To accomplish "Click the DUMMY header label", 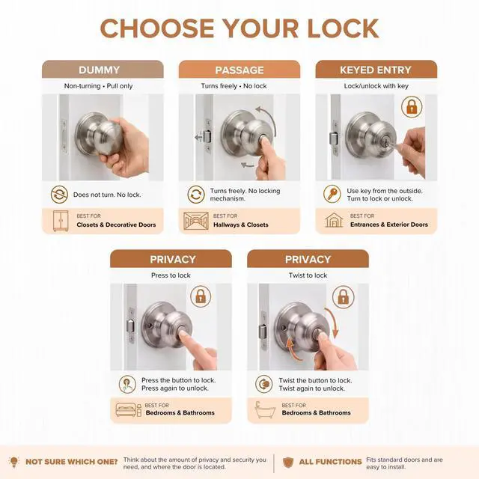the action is coord(99,70).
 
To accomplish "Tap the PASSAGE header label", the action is coord(239,70).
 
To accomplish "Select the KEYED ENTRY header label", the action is coord(376,70).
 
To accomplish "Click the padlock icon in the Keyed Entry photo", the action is coord(412,106).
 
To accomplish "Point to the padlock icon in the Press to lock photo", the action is coord(201,296).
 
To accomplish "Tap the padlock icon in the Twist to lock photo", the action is coord(344,297).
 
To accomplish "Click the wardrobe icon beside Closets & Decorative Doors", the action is coord(61,221).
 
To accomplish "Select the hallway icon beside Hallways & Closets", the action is coord(196,221).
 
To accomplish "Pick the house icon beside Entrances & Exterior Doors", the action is coord(334,220).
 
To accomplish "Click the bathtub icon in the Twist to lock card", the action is coord(264,409).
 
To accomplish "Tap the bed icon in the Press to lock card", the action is coord(128,410).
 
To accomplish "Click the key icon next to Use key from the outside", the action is coord(332,194).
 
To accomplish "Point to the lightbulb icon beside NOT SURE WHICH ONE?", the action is coord(14,462).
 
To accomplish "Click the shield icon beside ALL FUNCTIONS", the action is coord(288,463).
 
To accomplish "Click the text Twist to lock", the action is coord(308,275).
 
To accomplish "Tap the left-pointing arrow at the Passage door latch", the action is coord(199,138).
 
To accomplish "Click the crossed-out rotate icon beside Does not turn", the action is coord(59,195).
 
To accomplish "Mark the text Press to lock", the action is coord(171,275).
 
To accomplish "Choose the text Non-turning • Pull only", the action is coord(98,86).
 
